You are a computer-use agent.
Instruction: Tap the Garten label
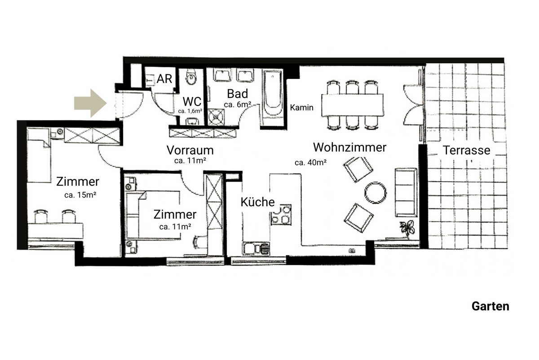point(490,307)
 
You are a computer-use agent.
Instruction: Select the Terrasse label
point(467,150)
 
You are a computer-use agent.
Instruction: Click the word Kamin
point(302,108)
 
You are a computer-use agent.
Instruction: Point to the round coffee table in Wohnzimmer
point(375,192)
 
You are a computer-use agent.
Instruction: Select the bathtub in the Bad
point(273,99)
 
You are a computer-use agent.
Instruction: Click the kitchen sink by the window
point(256,248)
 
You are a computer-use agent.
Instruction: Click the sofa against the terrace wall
point(406,192)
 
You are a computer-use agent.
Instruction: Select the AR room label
point(165,79)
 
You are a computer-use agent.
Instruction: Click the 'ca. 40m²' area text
point(310,162)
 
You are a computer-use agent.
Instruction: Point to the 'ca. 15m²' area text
point(81,195)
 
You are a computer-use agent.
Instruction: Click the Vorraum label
point(190,150)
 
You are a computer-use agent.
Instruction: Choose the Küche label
point(257,202)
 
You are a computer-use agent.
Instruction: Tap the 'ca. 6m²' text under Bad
point(237,105)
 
